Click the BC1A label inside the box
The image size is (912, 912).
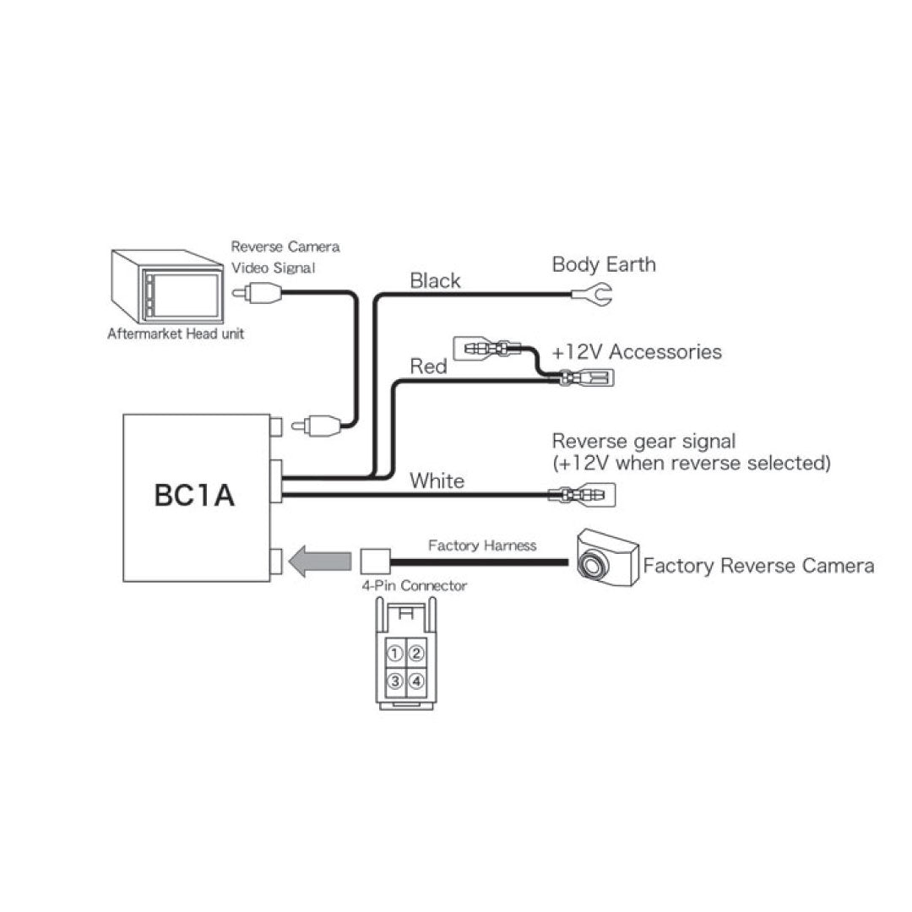pos(194,496)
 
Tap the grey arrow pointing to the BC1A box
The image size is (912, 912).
pos(320,561)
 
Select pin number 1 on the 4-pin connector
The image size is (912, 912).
pos(394,653)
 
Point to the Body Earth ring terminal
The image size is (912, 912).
pos(590,294)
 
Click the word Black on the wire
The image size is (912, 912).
pos(435,281)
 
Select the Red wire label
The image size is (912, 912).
pos(428,366)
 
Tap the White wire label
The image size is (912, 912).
pos(437,481)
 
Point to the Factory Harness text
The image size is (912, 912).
pos(481,546)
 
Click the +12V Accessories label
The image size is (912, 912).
pos(637,351)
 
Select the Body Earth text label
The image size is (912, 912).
pos(603,264)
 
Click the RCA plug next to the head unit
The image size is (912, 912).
pos(259,294)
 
